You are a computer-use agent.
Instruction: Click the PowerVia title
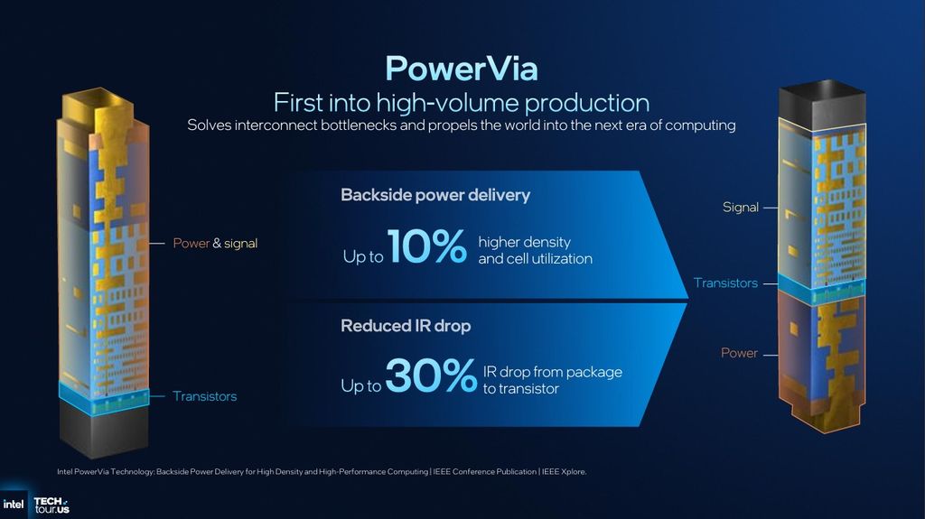tap(461, 68)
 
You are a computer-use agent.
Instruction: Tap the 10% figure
tap(426, 248)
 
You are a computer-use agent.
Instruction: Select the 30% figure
tap(430, 377)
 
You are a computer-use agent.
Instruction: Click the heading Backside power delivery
tap(434, 195)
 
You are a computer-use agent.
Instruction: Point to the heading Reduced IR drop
tap(405, 326)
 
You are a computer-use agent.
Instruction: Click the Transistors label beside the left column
tap(204, 396)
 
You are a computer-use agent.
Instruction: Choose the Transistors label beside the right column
tap(725, 283)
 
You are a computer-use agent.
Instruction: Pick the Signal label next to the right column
tap(740, 208)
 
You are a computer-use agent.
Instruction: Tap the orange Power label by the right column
tap(739, 353)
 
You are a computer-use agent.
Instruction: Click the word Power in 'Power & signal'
tap(191, 243)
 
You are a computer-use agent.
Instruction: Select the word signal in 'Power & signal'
tap(240, 243)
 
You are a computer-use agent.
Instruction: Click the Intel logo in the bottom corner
tap(14, 504)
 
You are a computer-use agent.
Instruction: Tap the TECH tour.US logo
tap(51, 505)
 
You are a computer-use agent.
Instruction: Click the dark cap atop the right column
tap(822, 104)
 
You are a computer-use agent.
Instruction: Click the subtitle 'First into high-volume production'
tap(461, 102)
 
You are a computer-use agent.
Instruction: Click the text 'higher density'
tap(524, 242)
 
